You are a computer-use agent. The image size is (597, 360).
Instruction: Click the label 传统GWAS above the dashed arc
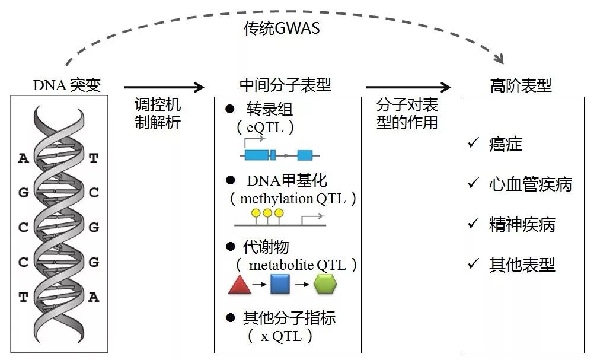point(282,28)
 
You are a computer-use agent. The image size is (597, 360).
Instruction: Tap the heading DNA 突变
point(66,85)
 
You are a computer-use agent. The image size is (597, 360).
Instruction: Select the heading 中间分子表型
point(285,85)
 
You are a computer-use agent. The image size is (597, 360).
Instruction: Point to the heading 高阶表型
point(521,85)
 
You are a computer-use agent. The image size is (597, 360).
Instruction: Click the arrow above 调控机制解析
point(164,88)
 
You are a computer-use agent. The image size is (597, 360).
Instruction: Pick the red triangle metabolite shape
point(240,286)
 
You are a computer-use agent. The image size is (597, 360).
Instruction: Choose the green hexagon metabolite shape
point(325,285)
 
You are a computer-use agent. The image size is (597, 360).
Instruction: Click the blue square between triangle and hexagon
point(280,285)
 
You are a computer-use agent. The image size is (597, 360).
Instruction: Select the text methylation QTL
point(293,199)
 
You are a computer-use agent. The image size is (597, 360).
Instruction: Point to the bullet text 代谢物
point(266,246)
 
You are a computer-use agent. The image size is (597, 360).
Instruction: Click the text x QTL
point(282,336)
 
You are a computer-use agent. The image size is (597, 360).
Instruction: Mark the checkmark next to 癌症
point(473,143)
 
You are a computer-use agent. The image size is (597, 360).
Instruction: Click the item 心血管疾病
point(530,184)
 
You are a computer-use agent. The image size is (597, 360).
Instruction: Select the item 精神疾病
point(522,225)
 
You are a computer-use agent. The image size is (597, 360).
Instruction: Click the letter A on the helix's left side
point(23,158)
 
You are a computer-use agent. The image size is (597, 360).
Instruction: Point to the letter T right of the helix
point(93,158)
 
